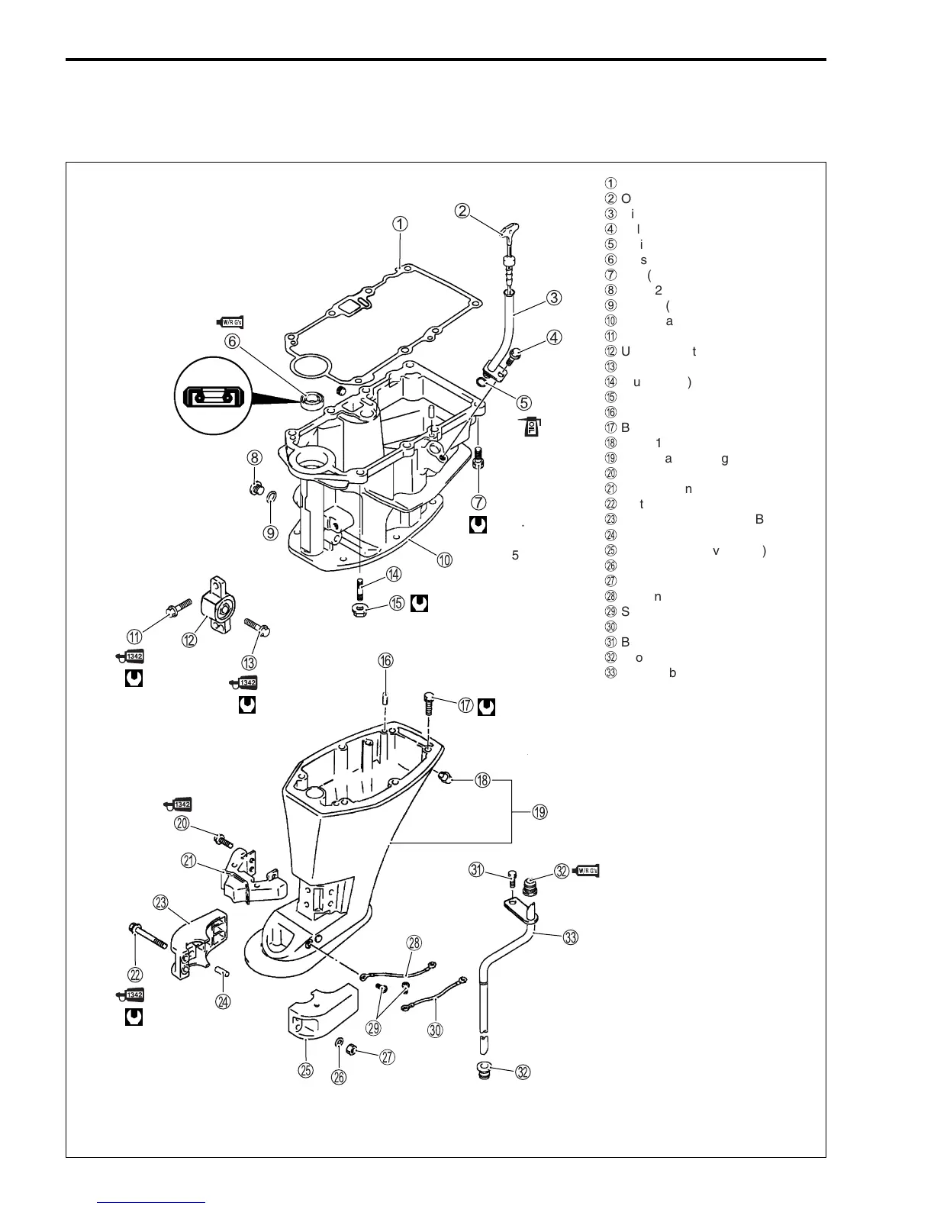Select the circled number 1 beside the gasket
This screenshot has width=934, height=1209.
coord(401,224)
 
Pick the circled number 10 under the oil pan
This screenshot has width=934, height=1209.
coord(443,559)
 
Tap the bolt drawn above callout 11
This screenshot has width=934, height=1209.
coord(169,611)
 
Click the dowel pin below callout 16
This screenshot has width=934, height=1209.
coord(385,698)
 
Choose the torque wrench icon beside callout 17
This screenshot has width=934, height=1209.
coord(486,708)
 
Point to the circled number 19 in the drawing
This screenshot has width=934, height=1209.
coord(539,812)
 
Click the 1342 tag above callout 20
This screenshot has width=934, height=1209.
coord(179,804)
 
